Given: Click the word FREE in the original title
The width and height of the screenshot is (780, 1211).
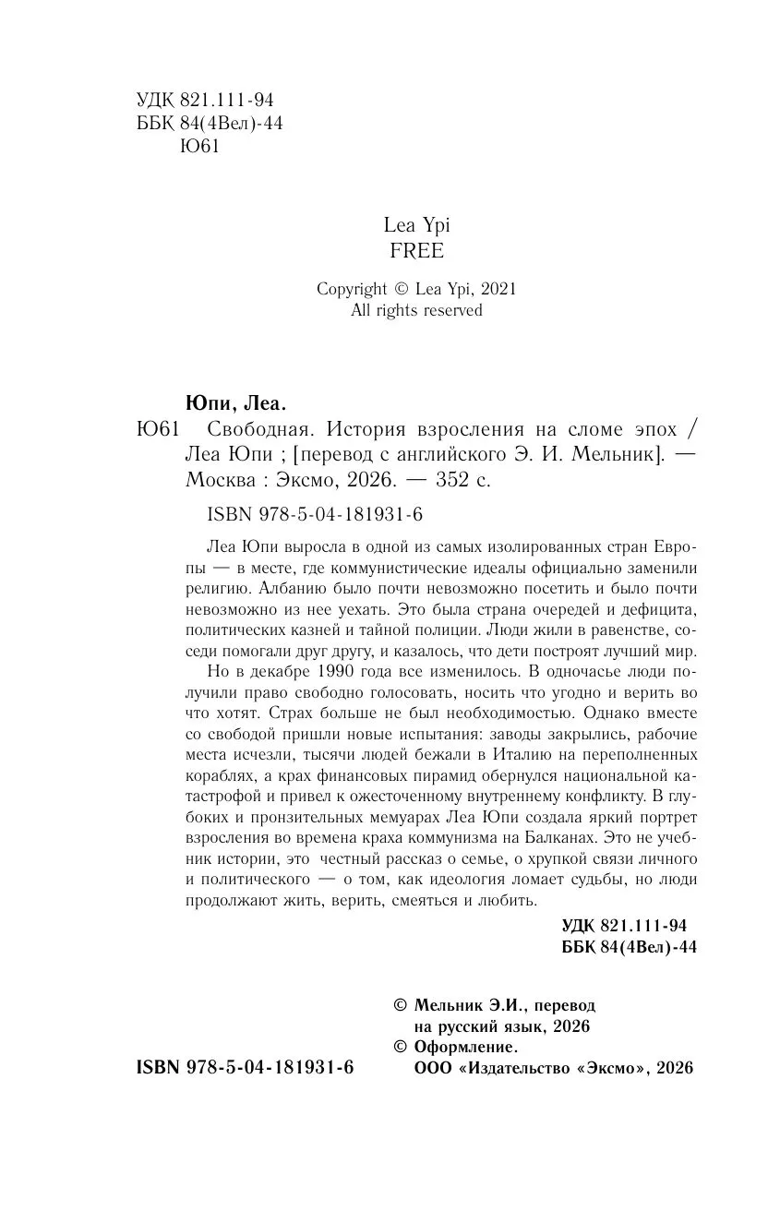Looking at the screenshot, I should click(417, 251).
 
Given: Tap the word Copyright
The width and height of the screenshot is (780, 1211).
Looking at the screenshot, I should click(350, 289).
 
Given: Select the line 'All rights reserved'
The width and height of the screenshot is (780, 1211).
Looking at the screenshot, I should click(416, 311).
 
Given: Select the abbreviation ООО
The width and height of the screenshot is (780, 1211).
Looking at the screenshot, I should click(415, 1068).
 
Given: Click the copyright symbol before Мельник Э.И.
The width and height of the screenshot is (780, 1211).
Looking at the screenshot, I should click(400, 1004).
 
